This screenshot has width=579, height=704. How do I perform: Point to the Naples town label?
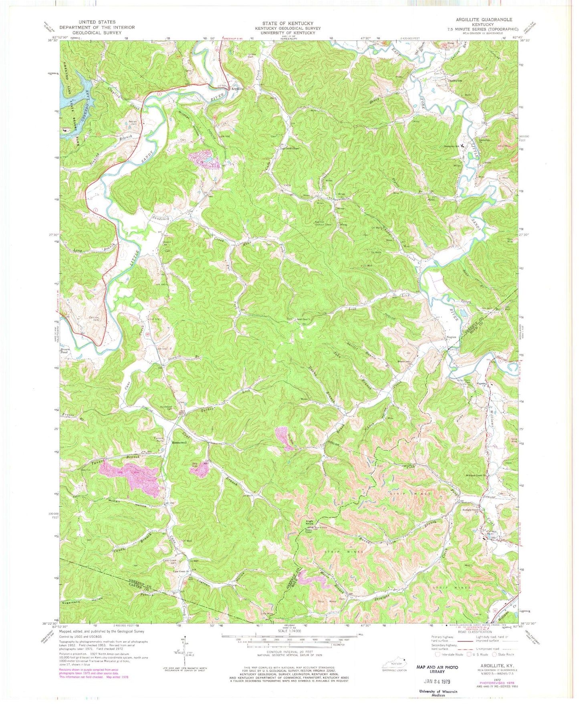pos(451,337)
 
